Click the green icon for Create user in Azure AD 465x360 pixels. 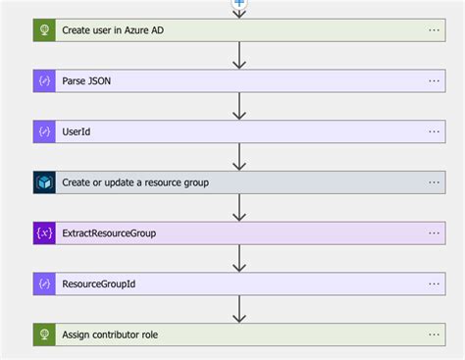pyautogui.click(x=44, y=30)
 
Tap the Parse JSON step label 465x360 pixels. pyautogui.click(x=86, y=81)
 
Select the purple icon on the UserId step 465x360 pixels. pyautogui.click(x=44, y=131)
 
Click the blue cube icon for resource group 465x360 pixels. pyautogui.click(x=44, y=182)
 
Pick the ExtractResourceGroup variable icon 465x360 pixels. pyautogui.click(x=44, y=233)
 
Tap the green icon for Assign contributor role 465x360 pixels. pyautogui.click(x=44, y=334)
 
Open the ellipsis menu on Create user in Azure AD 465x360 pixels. pyautogui.click(x=435, y=30)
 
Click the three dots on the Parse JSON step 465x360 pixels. pyautogui.click(x=435, y=81)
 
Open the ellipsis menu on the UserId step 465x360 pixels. pyautogui.click(x=435, y=131)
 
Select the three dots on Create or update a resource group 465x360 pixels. pyautogui.click(x=435, y=182)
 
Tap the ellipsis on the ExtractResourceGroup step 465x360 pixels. pyautogui.click(x=435, y=233)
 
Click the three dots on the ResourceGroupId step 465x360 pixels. pyautogui.click(x=435, y=283)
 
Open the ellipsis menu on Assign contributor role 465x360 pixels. pyautogui.click(x=435, y=334)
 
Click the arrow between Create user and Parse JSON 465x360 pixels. pyautogui.click(x=238, y=56)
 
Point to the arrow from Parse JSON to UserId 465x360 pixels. pyautogui.click(x=238, y=107)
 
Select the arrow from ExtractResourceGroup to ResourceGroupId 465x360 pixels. pyautogui.click(x=238, y=259)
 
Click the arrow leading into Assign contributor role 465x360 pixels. pyautogui.click(x=238, y=310)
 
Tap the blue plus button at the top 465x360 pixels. pyautogui.click(x=238, y=4)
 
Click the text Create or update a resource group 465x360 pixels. pyautogui.click(x=135, y=182)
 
